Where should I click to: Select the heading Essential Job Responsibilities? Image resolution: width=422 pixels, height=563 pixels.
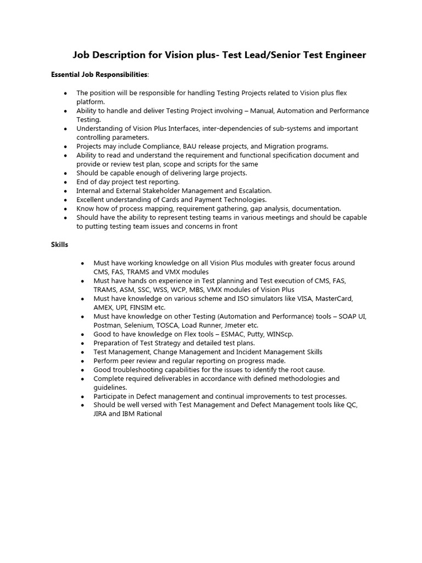coord(99,74)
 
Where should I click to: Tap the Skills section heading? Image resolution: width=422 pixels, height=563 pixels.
coord(60,244)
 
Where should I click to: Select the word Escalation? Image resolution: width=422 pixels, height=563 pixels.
coord(251,191)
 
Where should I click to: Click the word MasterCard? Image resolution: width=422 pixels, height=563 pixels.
coord(332,299)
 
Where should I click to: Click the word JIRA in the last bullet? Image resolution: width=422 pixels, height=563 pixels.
coord(102,414)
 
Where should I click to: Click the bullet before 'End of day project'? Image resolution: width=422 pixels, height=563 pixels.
coord(65,182)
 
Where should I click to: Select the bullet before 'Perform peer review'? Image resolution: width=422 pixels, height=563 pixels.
coord(82,361)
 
